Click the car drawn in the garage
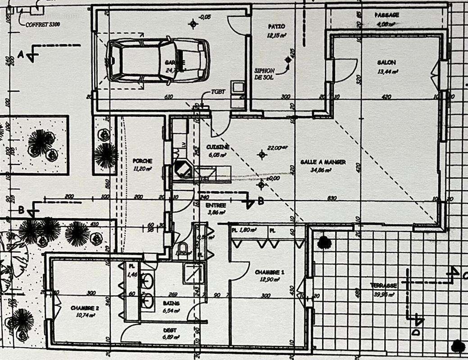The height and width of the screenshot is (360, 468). [158, 60]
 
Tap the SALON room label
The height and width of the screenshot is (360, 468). [386, 63]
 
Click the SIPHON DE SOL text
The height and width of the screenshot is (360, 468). [264, 74]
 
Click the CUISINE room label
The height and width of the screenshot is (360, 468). [218, 147]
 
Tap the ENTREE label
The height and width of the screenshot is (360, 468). [215, 205]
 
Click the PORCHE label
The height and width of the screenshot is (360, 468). [142, 161]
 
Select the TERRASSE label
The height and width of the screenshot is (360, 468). [383, 285]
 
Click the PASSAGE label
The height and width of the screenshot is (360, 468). [387, 15]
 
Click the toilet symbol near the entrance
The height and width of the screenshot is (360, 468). [182, 249]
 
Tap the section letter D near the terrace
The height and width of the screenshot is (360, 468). [415, 332]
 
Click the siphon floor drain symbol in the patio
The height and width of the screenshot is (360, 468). [287, 60]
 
